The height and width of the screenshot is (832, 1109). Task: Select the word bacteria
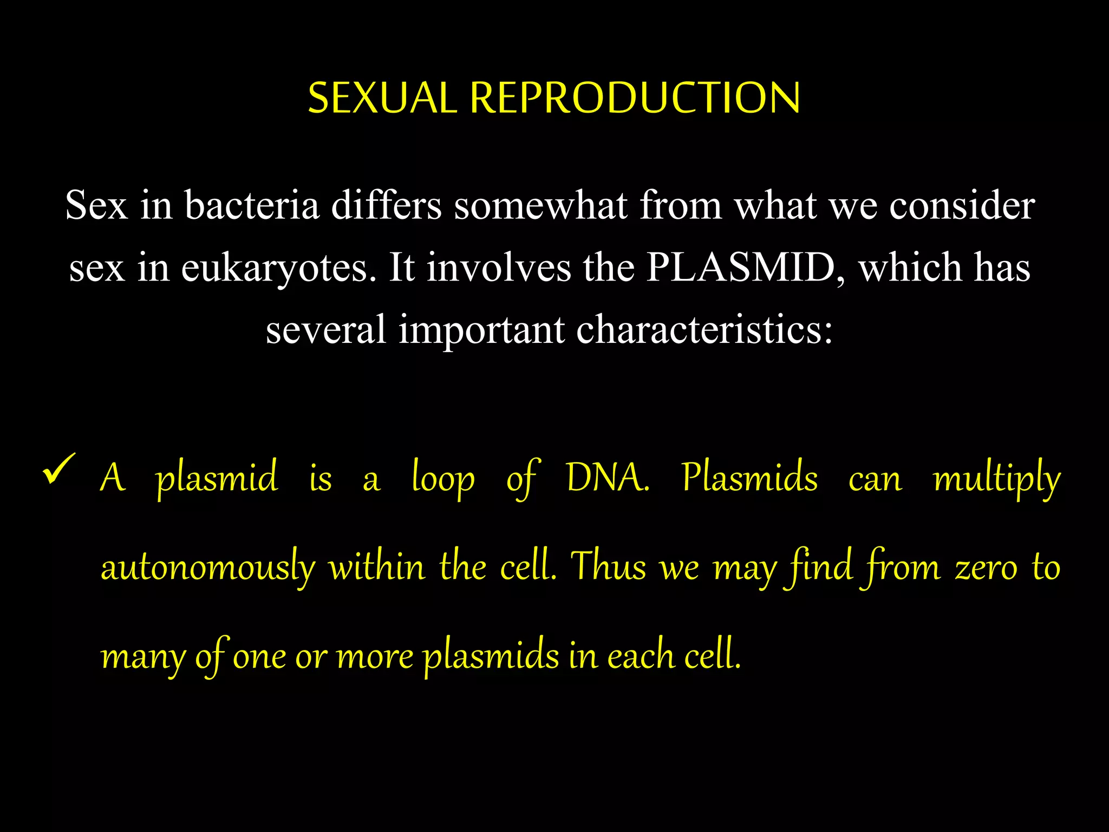tap(252, 206)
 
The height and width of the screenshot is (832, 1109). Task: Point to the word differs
tap(386, 206)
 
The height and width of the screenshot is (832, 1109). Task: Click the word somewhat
tap(540, 206)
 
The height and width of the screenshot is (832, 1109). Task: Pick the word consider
tap(962, 206)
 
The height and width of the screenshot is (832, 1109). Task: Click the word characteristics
tap(704, 329)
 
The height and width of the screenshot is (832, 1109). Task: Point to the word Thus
tap(609, 567)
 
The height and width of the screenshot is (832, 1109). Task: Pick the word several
tap(325, 329)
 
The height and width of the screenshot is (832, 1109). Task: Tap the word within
tap(377, 567)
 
